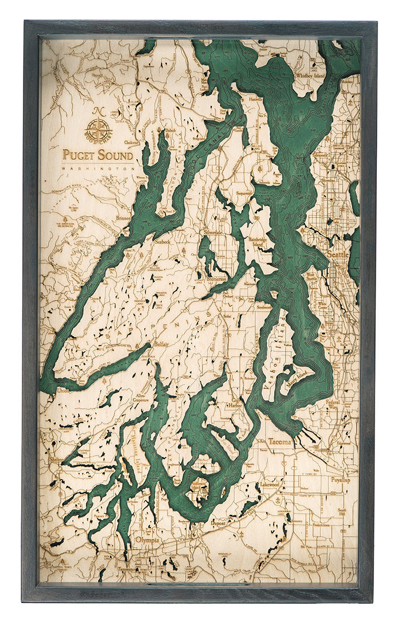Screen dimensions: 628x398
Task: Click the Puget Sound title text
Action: point(98,155)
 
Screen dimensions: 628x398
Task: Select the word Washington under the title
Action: point(98,169)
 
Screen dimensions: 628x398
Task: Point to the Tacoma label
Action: point(279,441)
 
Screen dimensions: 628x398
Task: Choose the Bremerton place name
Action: point(215,279)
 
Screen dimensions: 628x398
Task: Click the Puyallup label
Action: point(340,480)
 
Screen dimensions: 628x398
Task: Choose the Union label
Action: point(62,391)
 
